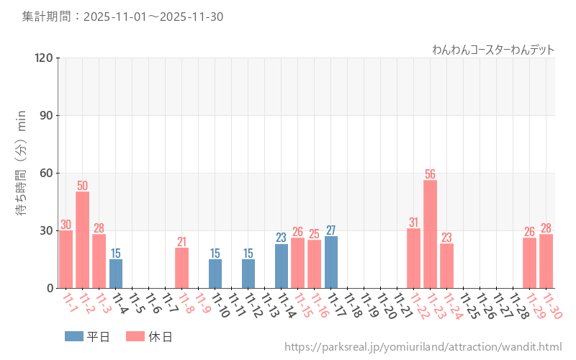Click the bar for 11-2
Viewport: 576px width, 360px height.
82,240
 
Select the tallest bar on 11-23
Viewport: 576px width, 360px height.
430,234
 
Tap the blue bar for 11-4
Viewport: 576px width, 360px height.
116,274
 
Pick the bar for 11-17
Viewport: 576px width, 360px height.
331,262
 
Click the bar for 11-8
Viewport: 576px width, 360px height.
181,268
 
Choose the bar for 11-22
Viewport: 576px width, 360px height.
413,258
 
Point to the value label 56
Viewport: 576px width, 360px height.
430,174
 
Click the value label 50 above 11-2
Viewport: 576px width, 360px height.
82,185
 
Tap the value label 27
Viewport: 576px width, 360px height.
331,230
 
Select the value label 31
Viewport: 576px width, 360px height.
413,222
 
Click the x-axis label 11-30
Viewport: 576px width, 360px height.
552,306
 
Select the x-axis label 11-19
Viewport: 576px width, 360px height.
369,306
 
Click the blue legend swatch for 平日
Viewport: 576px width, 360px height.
74,336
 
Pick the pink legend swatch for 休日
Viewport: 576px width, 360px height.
135,336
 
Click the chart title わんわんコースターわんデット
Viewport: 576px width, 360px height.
493,50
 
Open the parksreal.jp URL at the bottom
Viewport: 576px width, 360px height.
423,347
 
